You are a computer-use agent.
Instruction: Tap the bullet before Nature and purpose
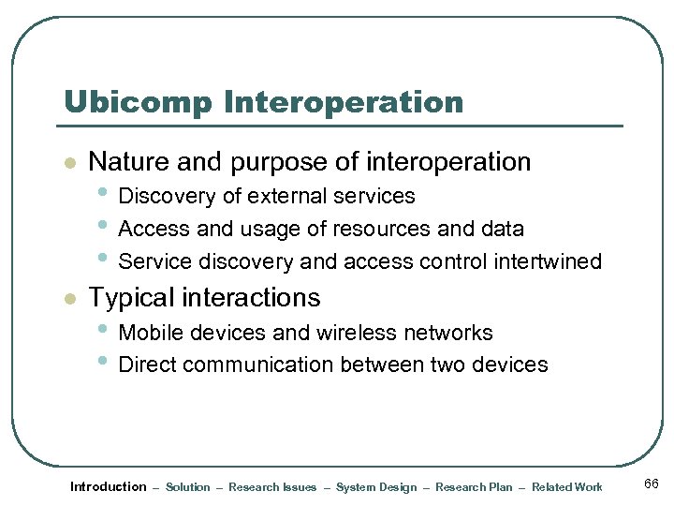pos(67,163)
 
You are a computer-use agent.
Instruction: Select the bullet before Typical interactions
pos(67,299)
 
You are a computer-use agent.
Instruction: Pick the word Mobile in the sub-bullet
pos(149,333)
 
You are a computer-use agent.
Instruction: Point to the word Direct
pos(146,365)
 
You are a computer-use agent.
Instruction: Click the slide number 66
pos(652,484)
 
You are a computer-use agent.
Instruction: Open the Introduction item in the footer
pos(109,486)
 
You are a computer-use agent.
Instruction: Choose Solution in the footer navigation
pos(188,487)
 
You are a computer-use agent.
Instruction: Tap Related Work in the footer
pos(567,487)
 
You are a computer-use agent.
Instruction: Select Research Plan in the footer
pos(474,487)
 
